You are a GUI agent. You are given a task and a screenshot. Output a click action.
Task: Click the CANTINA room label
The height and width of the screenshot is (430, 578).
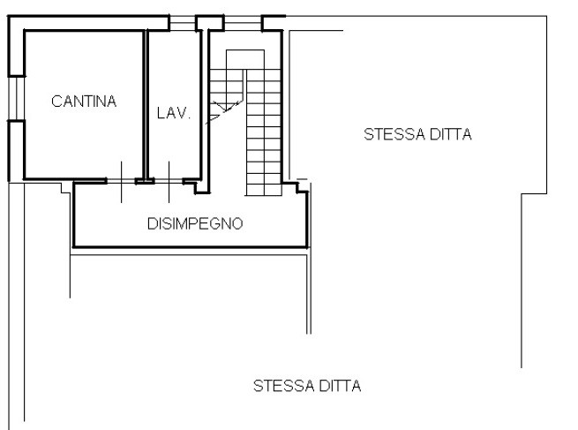pyautogui.click(x=84, y=102)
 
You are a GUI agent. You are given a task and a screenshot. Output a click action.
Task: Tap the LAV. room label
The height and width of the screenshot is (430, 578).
pyautogui.click(x=174, y=113)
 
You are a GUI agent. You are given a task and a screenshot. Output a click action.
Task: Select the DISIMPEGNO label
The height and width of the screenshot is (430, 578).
pyautogui.click(x=195, y=224)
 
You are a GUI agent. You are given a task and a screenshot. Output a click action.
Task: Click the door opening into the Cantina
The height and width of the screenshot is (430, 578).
pyautogui.click(x=121, y=181)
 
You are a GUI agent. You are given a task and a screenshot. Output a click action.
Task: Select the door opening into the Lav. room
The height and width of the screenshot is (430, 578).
pyautogui.click(x=169, y=181)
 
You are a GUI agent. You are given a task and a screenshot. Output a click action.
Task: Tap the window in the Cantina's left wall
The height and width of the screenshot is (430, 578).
pyautogui.click(x=16, y=99)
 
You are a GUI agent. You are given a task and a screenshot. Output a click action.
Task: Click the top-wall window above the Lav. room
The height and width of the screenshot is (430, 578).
pyautogui.click(x=182, y=23)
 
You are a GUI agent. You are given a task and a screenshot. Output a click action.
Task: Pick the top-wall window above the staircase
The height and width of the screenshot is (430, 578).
pyautogui.click(x=243, y=23)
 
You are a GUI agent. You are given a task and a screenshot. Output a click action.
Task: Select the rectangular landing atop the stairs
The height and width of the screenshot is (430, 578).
pyautogui.click(x=245, y=59)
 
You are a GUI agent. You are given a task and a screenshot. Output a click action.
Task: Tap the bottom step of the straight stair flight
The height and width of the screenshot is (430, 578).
pyautogui.click(x=264, y=190)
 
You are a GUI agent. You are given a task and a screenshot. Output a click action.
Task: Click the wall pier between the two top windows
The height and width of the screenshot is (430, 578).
pyautogui.click(x=209, y=23)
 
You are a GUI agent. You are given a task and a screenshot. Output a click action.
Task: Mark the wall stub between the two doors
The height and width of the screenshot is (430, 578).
pyautogui.click(x=145, y=181)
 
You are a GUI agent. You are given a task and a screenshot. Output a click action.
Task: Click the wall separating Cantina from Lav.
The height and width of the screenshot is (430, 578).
pyautogui.click(x=146, y=105)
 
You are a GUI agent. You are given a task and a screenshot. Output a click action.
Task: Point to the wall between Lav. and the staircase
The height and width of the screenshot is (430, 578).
pyautogui.click(x=205, y=110)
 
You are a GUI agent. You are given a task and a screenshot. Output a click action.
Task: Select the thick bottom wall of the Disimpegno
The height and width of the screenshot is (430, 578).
pyautogui.click(x=191, y=246)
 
